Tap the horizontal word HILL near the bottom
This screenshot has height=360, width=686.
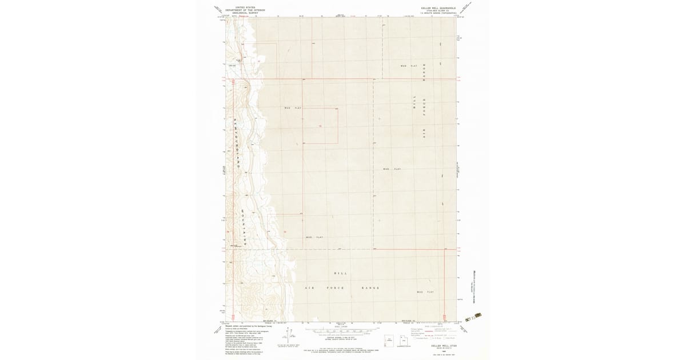(x=340, y=273)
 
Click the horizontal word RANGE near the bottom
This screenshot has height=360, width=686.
(x=370, y=287)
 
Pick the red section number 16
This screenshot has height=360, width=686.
(x=320, y=126)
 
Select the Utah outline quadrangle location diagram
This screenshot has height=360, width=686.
(x=390, y=341)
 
